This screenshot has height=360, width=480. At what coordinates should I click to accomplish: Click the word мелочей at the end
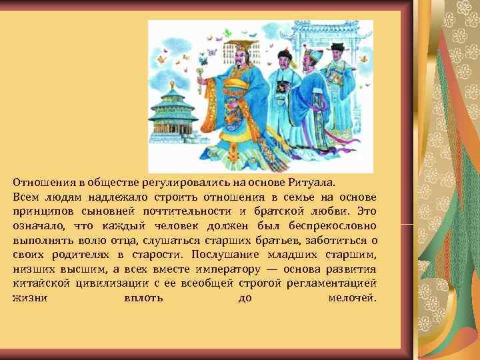coord(353,298)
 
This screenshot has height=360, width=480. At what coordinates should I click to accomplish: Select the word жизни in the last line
coord(29,298)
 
